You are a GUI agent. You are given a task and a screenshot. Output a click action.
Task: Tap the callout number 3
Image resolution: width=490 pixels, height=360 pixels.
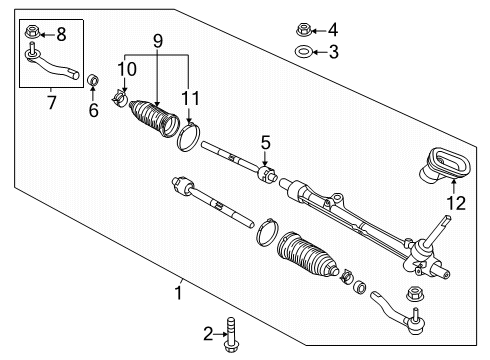coord(335,52)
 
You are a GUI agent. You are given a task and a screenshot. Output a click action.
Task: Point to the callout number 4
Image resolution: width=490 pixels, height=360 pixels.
coord(335,29)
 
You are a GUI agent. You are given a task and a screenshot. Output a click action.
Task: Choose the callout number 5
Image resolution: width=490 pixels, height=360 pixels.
coord(265,142)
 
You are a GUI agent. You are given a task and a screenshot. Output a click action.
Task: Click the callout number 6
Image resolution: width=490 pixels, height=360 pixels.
coord(94,111)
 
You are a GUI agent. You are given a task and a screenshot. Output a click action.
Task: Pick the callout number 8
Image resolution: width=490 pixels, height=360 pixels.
coord(62,34)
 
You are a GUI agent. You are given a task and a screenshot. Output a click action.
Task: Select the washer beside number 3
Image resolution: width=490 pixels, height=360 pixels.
coord(303,52)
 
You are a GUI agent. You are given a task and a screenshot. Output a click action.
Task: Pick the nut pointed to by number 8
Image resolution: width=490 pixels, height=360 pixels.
coord(30,33)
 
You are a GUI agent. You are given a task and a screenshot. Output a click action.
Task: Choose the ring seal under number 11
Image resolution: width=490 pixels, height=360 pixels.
coord(189,135)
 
